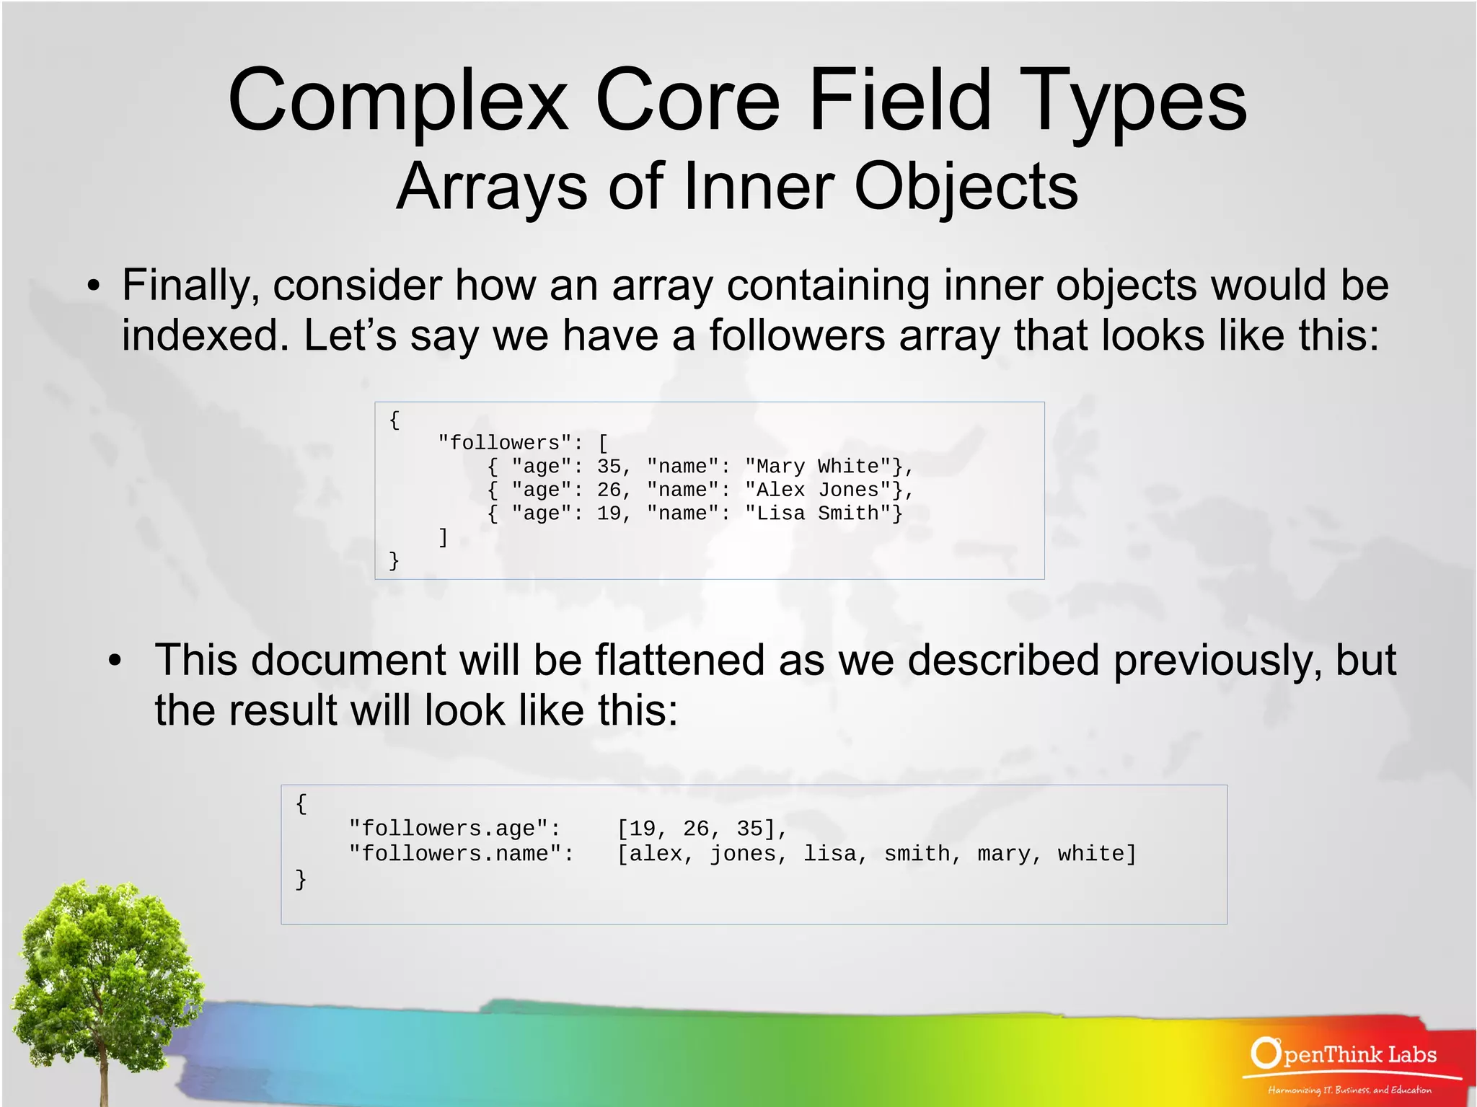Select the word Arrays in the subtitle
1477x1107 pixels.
coord(491,187)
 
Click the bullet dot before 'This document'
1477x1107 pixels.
coord(114,661)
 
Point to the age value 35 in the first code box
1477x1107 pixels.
coord(609,467)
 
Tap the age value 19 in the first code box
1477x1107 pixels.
coord(609,513)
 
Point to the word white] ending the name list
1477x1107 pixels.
coord(1096,854)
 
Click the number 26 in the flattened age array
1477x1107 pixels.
coord(696,829)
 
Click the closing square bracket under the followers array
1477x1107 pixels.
coord(444,537)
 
